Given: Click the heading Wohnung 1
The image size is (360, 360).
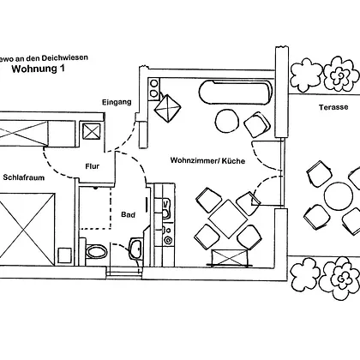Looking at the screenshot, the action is pyautogui.click(x=38, y=69).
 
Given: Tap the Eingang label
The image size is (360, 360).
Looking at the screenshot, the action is pyautogui.click(x=117, y=102).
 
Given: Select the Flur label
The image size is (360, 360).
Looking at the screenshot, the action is pyautogui.click(x=93, y=166).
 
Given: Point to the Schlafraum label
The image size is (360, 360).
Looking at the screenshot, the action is pyautogui.click(x=24, y=177).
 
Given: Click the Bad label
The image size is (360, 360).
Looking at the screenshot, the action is pyautogui.click(x=128, y=214).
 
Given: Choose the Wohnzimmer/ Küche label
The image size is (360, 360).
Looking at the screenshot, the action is pyautogui.click(x=207, y=160).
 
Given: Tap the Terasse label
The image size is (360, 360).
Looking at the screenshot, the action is pyautogui.click(x=333, y=107).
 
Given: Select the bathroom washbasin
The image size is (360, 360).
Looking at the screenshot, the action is pyautogui.click(x=135, y=249).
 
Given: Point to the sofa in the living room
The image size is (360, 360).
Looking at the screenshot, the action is pyautogui.click(x=235, y=92).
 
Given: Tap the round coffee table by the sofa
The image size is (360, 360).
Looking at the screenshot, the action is pyautogui.click(x=227, y=121).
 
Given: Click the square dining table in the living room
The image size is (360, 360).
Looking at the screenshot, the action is pyautogui.click(x=228, y=219).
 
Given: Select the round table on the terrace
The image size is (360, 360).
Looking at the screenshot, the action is pyautogui.click(x=339, y=195).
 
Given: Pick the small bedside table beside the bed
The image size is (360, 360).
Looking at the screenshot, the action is pyautogui.click(x=64, y=255).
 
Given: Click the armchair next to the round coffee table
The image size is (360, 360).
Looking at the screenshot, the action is pyautogui.click(x=257, y=125).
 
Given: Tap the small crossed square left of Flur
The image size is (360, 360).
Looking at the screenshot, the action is pyautogui.click(x=91, y=131).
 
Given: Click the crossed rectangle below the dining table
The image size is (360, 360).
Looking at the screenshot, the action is pyautogui.click(x=230, y=258).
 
